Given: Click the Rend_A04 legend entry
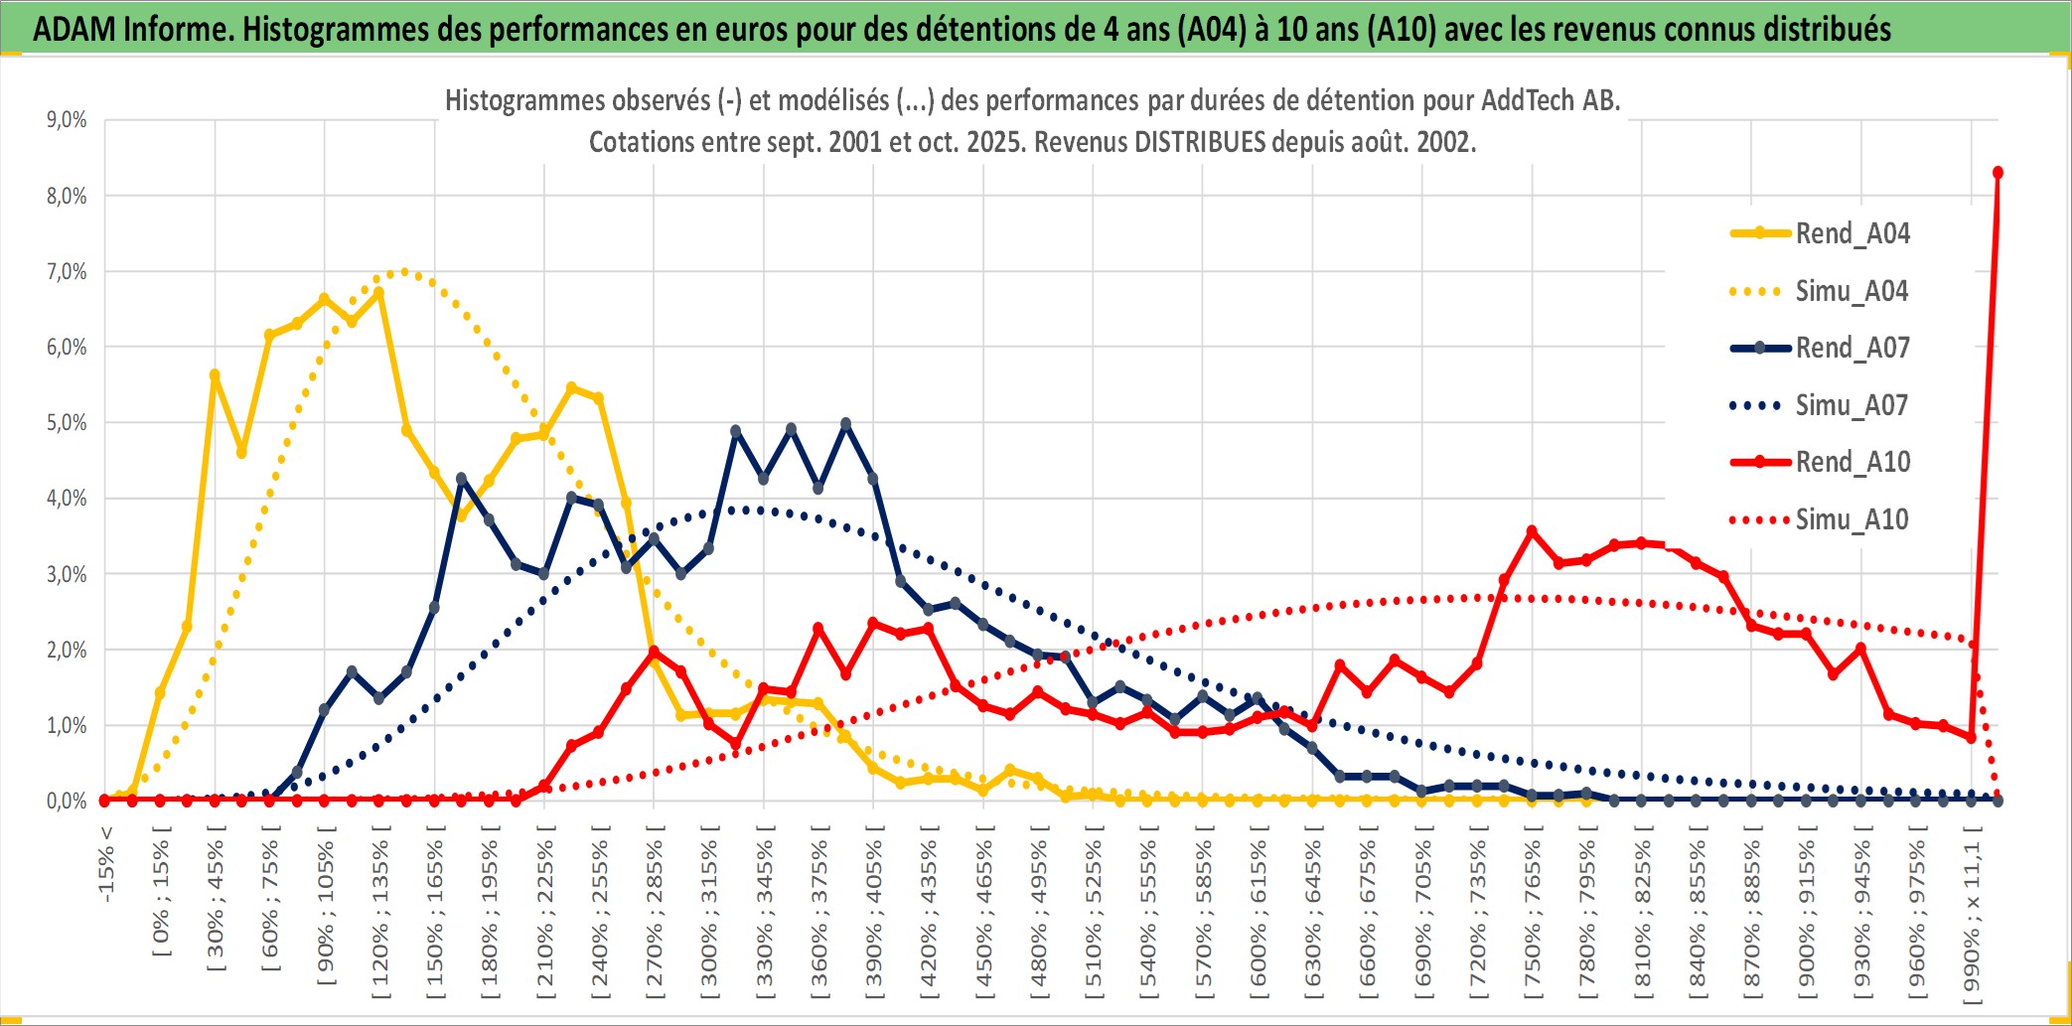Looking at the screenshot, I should click(1851, 233).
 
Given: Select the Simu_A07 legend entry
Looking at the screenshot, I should click(1851, 405).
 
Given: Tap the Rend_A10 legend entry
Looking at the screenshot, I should click(1851, 462).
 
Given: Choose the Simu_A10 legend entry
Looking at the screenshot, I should click(1851, 519).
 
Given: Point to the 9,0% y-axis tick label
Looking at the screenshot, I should click(67, 120).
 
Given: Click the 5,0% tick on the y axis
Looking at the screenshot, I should click(67, 423).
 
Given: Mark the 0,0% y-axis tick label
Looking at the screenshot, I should click(67, 802).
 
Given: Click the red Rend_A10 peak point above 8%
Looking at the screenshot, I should click(1998, 173).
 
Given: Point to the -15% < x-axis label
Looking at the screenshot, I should click(106, 864).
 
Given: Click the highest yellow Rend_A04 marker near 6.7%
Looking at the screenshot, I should click(378, 292).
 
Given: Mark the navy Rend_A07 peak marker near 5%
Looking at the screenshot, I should click(845, 424).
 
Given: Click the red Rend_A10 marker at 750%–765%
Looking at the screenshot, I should click(1532, 531).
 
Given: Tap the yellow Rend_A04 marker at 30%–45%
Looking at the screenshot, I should click(215, 375).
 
